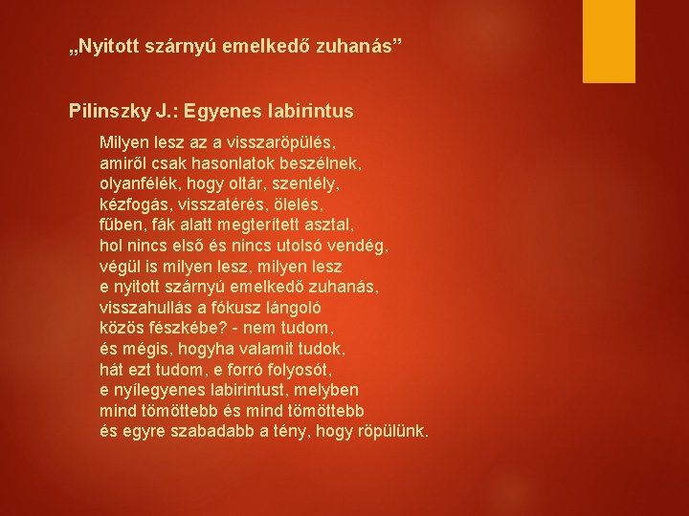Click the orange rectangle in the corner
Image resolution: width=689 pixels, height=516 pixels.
[x=609, y=41]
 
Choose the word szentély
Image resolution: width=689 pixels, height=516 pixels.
[x=306, y=184]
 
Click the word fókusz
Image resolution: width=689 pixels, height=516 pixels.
[x=236, y=308]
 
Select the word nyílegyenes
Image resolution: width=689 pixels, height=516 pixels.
[x=160, y=391]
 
